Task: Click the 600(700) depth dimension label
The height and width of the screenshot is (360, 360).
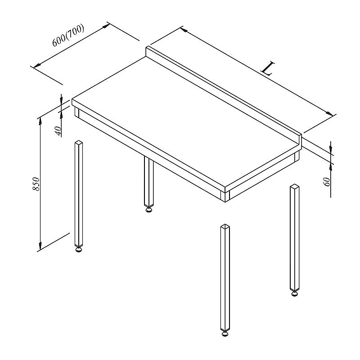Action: click(68, 35)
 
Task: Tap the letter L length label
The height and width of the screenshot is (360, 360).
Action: click(268, 68)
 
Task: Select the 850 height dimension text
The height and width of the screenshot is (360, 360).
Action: click(36, 184)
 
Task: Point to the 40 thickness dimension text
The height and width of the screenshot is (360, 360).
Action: click(58, 131)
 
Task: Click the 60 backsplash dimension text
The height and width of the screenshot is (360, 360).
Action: click(327, 182)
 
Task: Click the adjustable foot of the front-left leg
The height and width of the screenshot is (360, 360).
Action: click(79, 249)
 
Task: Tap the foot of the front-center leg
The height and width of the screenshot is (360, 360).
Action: click(225, 333)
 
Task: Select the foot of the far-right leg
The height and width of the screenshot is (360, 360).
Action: click(295, 293)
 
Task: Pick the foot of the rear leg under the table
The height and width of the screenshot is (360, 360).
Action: click(149, 209)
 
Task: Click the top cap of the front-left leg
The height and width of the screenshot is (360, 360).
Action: click(79, 143)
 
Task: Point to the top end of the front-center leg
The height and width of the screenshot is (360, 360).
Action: click(225, 226)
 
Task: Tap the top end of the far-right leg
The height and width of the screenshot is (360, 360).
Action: click(295, 186)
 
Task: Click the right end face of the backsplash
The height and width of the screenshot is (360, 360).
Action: click(300, 140)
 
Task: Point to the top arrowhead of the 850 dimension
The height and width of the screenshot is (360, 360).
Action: click(40, 121)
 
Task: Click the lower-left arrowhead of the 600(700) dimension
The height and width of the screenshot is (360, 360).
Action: click(37, 65)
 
